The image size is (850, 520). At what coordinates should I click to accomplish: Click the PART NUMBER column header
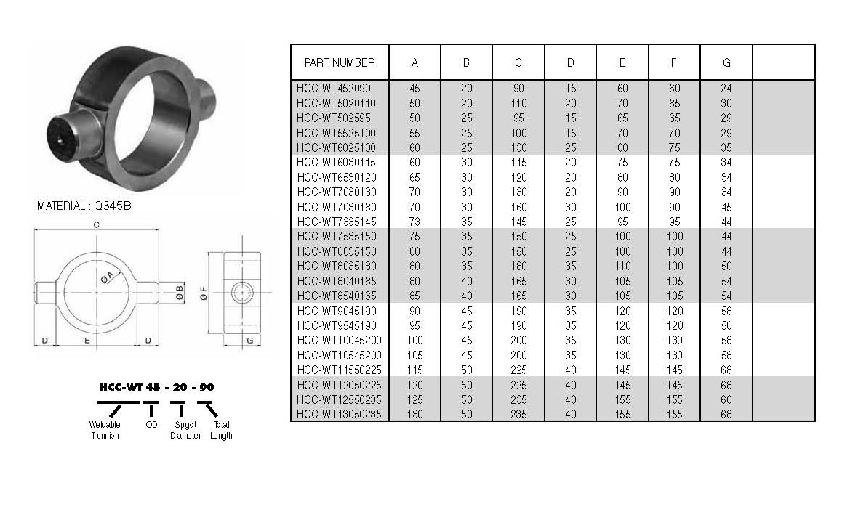tap(340, 63)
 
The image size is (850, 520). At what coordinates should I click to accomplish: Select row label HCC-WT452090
tap(334, 89)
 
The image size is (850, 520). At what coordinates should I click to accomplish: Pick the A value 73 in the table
tap(414, 222)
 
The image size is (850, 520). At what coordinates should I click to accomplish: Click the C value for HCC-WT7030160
tap(518, 207)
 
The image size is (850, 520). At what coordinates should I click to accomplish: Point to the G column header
tap(726, 63)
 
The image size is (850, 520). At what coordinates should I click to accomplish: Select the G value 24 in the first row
tap(726, 89)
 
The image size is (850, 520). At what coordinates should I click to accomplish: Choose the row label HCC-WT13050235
tap(340, 415)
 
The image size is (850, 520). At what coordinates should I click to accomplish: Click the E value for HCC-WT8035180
tap(622, 266)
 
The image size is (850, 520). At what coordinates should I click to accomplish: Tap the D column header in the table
tap(570, 63)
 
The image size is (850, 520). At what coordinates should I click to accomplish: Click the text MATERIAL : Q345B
tap(84, 206)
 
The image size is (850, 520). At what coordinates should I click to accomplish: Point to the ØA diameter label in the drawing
tap(108, 277)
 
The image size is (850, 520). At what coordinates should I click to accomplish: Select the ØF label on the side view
tap(203, 293)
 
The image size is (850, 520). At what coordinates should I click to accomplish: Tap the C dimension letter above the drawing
tap(97, 225)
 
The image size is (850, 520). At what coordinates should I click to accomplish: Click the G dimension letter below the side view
tap(250, 341)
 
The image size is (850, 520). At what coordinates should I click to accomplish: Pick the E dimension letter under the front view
tap(87, 341)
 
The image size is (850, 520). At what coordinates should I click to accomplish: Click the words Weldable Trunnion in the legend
tap(105, 430)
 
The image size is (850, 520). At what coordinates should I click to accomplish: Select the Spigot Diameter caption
tap(185, 430)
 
